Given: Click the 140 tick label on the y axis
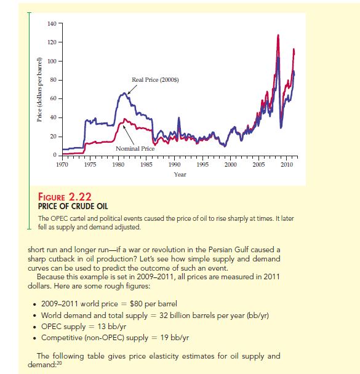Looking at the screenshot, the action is pyautogui.click(x=52, y=23).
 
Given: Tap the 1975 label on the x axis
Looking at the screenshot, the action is pyautogui.click(x=90, y=165).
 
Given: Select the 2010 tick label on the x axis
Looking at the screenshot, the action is pyautogui.click(x=287, y=165).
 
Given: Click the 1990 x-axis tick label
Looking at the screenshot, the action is pyautogui.click(x=174, y=165).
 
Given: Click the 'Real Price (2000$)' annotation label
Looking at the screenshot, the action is pyautogui.click(x=155, y=80).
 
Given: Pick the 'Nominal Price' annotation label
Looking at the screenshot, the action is pyautogui.click(x=135, y=149).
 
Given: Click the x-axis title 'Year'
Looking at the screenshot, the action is pyautogui.click(x=180, y=174).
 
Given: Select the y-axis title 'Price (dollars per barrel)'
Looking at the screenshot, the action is pyautogui.click(x=39, y=89).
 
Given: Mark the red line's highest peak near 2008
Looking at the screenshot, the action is pyautogui.click(x=278, y=36).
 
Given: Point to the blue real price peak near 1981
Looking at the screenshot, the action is pyautogui.click(x=124, y=94).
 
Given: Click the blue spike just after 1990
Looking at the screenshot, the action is pyautogui.click(x=178, y=118).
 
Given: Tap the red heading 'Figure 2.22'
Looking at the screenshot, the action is pyautogui.click(x=65, y=197).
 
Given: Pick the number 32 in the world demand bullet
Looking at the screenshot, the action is pyautogui.click(x=164, y=316).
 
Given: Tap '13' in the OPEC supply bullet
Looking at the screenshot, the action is pyautogui.click(x=102, y=326).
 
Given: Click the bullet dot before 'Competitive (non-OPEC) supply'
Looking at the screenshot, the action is pyautogui.click(x=35, y=338).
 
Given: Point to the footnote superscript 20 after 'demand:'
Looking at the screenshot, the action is pyautogui.click(x=59, y=363).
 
